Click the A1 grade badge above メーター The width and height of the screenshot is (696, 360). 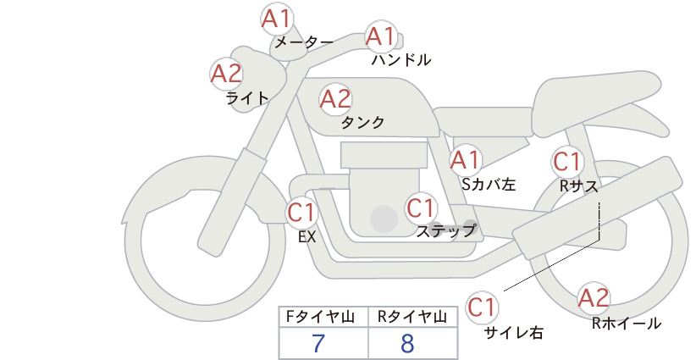click(x=277, y=19)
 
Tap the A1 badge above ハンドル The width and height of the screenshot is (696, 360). click(x=381, y=36)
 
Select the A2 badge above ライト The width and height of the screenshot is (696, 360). click(x=226, y=74)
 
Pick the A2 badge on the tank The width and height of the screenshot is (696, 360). click(x=335, y=99)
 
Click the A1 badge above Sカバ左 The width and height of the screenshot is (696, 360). click(x=466, y=160)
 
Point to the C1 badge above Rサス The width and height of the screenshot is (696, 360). click(x=567, y=162)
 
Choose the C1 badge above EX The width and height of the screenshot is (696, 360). click(x=301, y=212)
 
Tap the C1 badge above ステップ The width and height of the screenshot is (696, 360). click(x=421, y=208)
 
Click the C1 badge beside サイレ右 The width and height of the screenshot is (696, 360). click(x=482, y=307)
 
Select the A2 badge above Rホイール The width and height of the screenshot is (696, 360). click(x=594, y=298)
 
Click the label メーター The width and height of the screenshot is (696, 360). click(x=304, y=42)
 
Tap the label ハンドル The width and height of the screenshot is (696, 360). click(x=401, y=60)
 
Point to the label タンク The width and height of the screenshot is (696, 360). click(x=362, y=123)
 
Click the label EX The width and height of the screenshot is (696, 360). click(x=307, y=237)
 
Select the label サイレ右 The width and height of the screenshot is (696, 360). click(x=514, y=333)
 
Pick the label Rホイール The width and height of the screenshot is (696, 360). click(x=627, y=324)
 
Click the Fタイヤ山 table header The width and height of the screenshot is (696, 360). click(x=320, y=317)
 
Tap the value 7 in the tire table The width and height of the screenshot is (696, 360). click(x=318, y=343)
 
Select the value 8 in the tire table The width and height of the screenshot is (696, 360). click(x=407, y=343)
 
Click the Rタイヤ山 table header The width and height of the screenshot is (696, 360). click(x=412, y=317)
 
